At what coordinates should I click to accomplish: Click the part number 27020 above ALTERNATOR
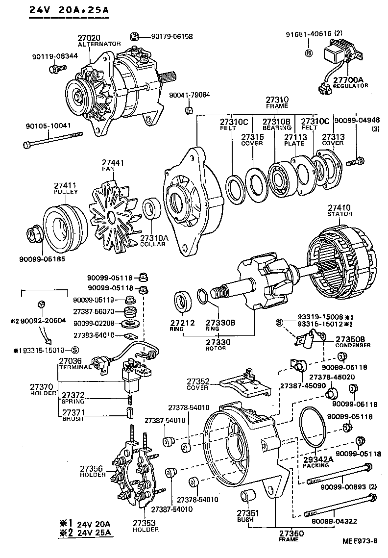[x=88, y=37]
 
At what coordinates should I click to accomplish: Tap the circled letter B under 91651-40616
[x=309, y=53]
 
